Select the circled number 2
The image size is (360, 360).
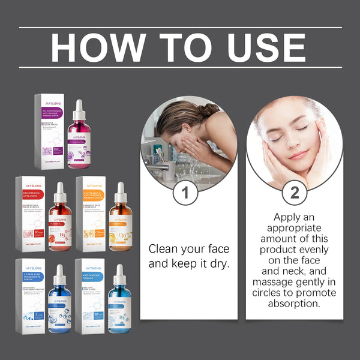[x=295, y=193]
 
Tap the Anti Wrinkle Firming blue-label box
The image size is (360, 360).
[x=91, y=296]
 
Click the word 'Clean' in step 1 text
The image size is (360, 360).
[x=161, y=248]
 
